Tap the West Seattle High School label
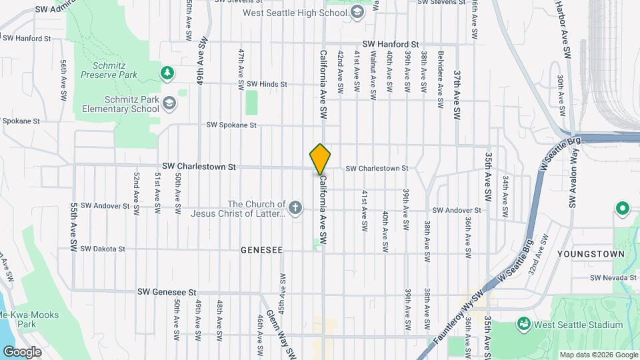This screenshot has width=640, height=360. [x=295, y=13]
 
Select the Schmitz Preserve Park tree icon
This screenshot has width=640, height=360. [x=167, y=71]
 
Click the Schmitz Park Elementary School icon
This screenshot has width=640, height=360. [x=169, y=103]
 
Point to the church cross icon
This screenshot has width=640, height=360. [x=295, y=209]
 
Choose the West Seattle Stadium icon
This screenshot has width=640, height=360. [x=524, y=325]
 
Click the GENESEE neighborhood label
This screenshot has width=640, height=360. [x=262, y=250]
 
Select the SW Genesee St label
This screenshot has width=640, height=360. [x=167, y=291]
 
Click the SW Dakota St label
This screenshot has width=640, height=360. [x=103, y=249]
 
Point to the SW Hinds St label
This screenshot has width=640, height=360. [x=266, y=84]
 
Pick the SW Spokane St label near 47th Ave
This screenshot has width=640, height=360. [x=231, y=125]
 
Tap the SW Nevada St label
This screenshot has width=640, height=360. [x=614, y=277]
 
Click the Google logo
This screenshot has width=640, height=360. [x=22, y=352]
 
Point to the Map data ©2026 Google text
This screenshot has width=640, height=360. [x=598, y=355]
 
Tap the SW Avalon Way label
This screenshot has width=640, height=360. [x=571, y=180]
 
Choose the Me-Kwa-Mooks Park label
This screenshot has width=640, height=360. [x=27, y=319]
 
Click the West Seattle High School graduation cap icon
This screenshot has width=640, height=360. [x=357, y=13]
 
